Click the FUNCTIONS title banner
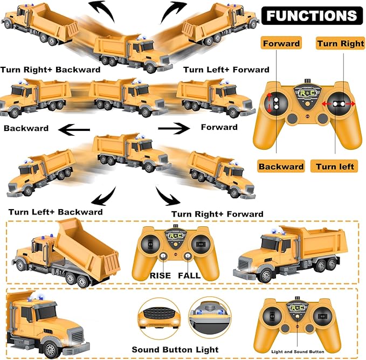[x=311, y=15]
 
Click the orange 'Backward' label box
[x=281, y=166]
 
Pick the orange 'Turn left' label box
[x=335, y=166]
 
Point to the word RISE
[x=161, y=275]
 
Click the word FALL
[x=189, y=275]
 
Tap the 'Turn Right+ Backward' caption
[x=50, y=70]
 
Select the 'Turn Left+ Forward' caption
[x=226, y=70]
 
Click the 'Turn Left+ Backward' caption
[x=56, y=212]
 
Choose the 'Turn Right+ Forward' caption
[x=217, y=214]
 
